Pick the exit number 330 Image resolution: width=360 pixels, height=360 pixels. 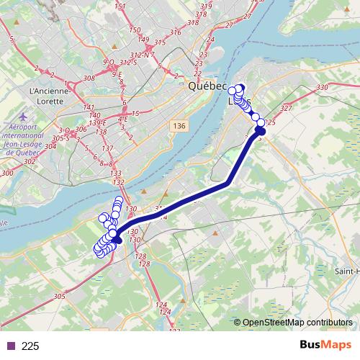click(322, 87)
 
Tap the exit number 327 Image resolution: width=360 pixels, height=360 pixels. click(286, 108)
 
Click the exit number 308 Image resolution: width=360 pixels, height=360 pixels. click(89, 78)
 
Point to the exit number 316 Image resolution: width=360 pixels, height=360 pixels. click(175, 32)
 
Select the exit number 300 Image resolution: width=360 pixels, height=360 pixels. click(8, 174)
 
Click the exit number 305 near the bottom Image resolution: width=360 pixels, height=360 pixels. click(59, 296)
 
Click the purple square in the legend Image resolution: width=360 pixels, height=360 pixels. click(10, 346)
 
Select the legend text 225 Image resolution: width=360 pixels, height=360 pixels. click(30, 346)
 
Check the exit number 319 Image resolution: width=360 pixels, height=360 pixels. click(207, 6)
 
